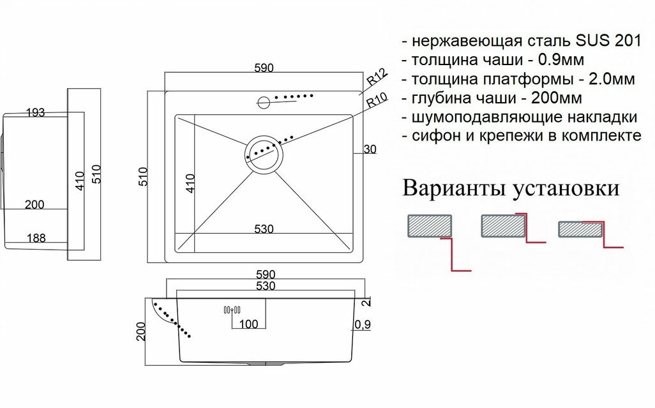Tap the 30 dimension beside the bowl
coord(370,149)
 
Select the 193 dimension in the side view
coord(35,113)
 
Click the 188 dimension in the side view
coord(35,238)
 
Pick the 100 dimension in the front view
coord(248,324)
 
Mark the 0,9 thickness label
coord(363,324)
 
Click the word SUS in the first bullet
coord(593,42)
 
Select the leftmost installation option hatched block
coord(429,226)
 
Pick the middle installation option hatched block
coord(504,226)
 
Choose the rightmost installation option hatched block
coord(580,229)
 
